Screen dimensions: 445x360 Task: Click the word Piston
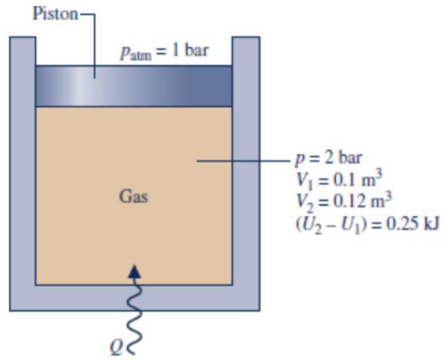click(x=56, y=14)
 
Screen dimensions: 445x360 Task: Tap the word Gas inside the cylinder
click(x=133, y=196)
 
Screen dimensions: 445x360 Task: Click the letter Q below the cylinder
click(x=116, y=348)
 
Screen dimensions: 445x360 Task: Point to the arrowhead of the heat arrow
click(x=134, y=272)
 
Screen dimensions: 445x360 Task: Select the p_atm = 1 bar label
click(x=164, y=52)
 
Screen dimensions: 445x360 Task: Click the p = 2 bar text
click(x=328, y=158)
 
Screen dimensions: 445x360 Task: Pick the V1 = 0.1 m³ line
click(x=339, y=180)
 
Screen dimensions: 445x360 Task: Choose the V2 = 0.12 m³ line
click(x=343, y=201)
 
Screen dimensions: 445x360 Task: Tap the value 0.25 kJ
click(x=413, y=224)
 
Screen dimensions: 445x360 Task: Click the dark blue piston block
click(x=134, y=86)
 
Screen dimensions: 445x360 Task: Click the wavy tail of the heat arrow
click(x=134, y=315)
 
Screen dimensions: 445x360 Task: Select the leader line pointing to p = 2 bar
click(x=243, y=161)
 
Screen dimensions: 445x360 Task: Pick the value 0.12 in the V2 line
click(x=349, y=201)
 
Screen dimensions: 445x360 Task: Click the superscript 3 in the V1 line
click(x=378, y=174)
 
